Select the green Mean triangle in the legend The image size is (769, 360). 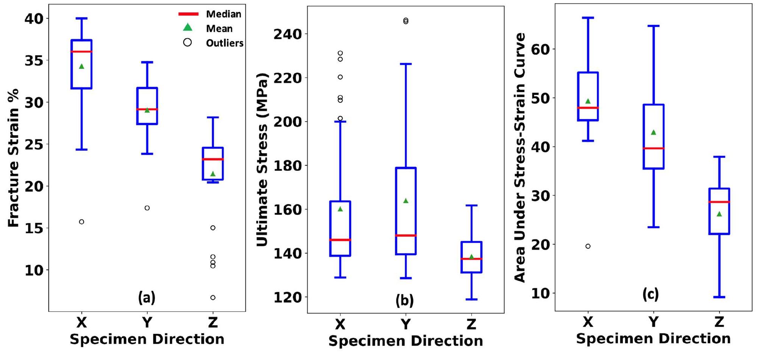point(187,27)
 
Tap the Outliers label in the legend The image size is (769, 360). point(225,43)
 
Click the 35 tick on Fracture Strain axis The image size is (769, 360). point(34,60)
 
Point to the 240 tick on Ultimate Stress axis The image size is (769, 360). point(287,34)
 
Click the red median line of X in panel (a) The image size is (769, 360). point(81,51)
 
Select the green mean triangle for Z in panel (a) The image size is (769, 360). point(213,174)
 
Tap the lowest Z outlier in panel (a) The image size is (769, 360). point(213,298)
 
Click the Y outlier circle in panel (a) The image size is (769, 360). point(147,208)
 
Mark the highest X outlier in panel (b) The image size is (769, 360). point(340,53)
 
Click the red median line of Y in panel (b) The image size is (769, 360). point(406,235)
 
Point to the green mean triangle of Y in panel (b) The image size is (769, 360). point(406,201)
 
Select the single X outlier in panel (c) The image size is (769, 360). point(588,246)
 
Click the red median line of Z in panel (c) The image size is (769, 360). point(719,202)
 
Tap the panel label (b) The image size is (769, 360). point(404,300)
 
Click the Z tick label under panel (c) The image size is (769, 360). point(719,322)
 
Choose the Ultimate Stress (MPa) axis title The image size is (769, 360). point(262,159)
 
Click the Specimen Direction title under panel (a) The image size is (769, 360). point(147,339)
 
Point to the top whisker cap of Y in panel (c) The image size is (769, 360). point(653,26)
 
